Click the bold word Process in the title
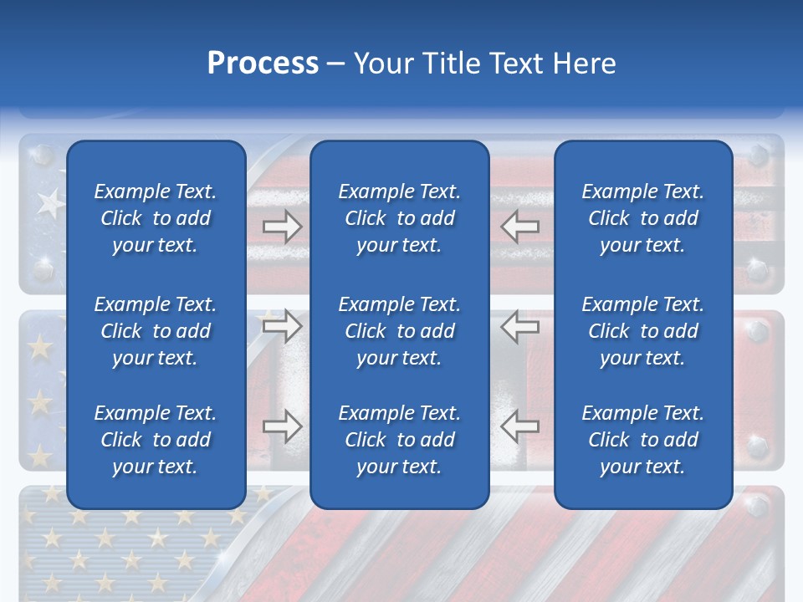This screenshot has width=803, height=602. [263, 63]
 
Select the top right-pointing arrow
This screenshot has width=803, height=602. [283, 227]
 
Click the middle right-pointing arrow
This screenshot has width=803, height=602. [283, 326]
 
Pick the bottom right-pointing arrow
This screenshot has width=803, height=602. [283, 426]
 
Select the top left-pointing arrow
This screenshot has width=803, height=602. [519, 227]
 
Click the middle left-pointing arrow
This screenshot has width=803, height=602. [519, 326]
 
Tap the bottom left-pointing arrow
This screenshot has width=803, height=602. [519, 426]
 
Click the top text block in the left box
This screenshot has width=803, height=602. [156, 218]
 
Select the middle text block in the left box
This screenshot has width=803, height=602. [156, 331]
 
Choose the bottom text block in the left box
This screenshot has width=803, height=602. [156, 440]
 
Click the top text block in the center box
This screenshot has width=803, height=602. [400, 218]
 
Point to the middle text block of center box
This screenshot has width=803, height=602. [400, 331]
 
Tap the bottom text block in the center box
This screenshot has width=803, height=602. [400, 440]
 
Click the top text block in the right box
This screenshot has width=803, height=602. [643, 218]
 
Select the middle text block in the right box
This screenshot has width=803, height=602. [643, 331]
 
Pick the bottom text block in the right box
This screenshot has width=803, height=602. [643, 440]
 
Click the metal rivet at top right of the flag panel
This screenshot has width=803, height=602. [758, 156]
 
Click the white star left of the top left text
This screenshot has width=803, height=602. [50, 202]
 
